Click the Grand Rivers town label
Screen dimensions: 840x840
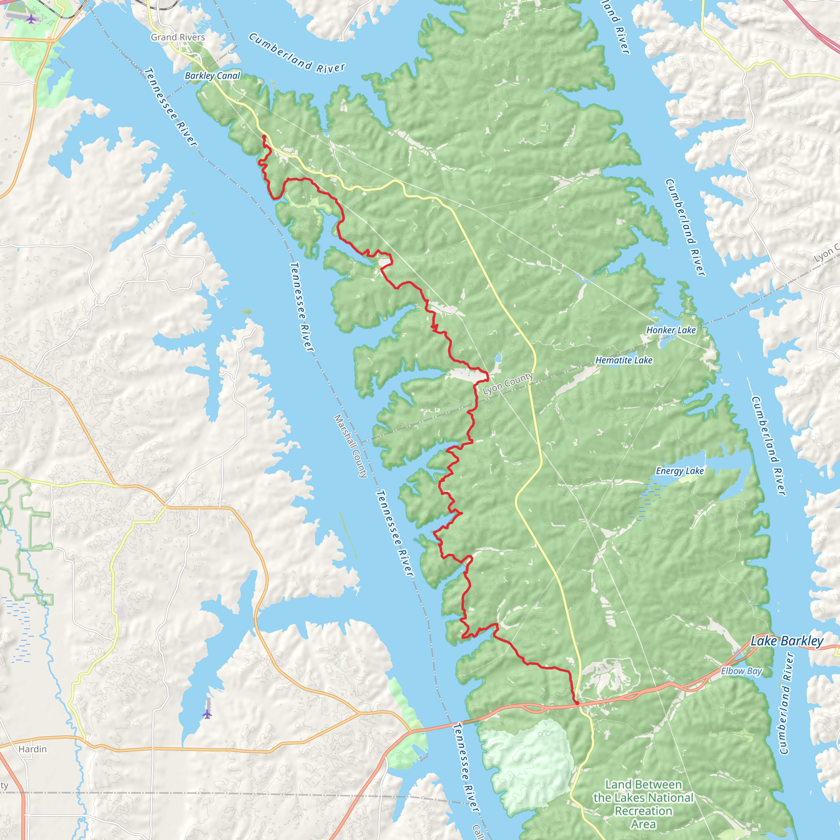click(x=178, y=37)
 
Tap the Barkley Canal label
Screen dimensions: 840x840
click(x=212, y=75)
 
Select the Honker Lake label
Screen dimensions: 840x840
click(x=671, y=330)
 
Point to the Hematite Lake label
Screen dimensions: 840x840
click(x=623, y=360)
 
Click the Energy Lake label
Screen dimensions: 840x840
click(x=680, y=471)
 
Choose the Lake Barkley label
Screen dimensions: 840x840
click(x=787, y=641)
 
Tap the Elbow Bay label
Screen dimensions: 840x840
click(x=741, y=671)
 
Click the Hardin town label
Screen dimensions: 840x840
click(x=33, y=749)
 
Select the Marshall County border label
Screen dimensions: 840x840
click(x=351, y=446)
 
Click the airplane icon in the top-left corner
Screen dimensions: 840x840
click(x=31, y=19)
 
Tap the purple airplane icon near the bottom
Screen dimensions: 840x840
click(x=208, y=714)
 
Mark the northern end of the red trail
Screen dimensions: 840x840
click(x=264, y=137)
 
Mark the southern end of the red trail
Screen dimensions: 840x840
click(x=577, y=703)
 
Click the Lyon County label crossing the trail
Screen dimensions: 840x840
click(x=508, y=383)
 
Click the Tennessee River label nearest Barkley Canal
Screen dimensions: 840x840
click(x=171, y=107)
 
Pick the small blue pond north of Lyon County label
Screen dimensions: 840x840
click(x=498, y=358)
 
